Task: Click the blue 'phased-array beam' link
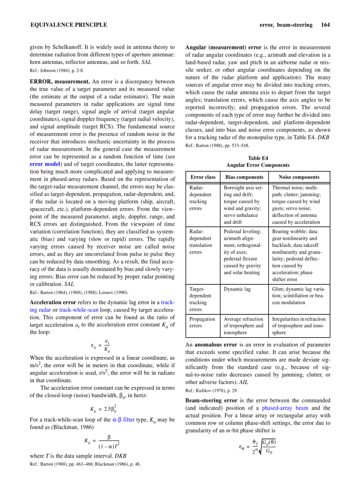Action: [286, 408]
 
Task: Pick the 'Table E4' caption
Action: [258, 158]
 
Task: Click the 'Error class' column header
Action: [203, 177]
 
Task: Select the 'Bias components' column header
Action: [244, 177]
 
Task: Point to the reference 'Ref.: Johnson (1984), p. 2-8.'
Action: [56, 71]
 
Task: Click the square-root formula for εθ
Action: [258, 449]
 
